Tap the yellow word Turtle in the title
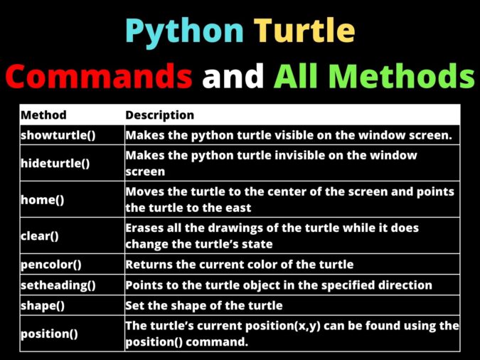click(304, 31)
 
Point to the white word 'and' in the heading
click(233, 75)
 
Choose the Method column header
click(43, 115)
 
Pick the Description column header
click(159, 115)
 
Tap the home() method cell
click(43, 199)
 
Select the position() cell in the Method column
click(50, 333)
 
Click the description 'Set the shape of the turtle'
click(204, 305)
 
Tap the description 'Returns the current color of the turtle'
click(239, 265)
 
